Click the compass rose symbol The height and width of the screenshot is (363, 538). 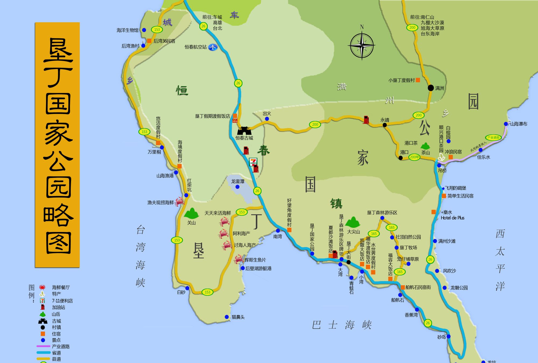(362, 45)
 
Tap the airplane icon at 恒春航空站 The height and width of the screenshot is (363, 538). (213, 47)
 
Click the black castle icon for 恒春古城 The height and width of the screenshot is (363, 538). (244, 131)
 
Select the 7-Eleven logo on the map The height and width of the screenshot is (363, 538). (253, 162)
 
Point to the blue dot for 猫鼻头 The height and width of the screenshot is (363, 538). (227, 317)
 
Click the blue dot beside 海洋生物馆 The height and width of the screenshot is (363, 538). (144, 30)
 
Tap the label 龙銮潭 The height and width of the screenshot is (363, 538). (238, 181)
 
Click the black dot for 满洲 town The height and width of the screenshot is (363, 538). (431, 88)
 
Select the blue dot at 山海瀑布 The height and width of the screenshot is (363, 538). (506, 124)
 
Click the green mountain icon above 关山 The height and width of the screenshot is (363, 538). (191, 213)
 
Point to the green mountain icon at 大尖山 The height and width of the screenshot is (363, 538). (352, 223)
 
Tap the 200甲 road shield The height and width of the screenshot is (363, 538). (414, 157)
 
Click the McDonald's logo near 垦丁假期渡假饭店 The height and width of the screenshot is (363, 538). (235, 121)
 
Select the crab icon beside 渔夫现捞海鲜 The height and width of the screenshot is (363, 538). (179, 201)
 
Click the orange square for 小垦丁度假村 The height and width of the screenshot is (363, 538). (418, 80)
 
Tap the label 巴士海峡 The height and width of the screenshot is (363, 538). (342, 325)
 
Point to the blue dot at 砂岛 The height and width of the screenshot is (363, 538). (448, 336)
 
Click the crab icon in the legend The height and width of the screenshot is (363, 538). (42, 287)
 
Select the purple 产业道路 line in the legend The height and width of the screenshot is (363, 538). (43, 346)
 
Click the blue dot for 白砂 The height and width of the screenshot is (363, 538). (187, 288)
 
